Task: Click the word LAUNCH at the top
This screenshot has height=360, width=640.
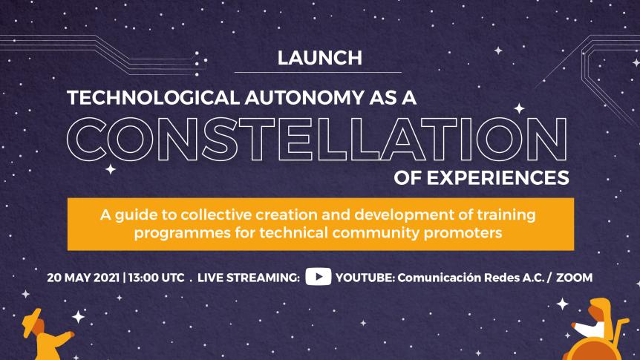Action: pyautogui.click(x=319, y=58)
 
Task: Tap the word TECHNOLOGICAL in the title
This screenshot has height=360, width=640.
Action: pyautogui.click(x=153, y=98)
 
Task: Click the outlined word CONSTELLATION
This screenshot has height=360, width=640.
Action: pyautogui.click(x=317, y=139)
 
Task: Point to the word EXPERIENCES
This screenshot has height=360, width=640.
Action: pyautogui.click(x=498, y=178)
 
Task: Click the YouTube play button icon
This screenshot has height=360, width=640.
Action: pyautogui.click(x=319, y=277)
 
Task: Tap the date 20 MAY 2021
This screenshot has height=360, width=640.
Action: pyautogui.click(x=83, y=278)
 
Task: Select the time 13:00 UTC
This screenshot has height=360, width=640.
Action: pyautogui.click(x=156, y=278)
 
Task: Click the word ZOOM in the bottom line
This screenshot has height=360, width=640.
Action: pyautogui.click(x=574, y=278)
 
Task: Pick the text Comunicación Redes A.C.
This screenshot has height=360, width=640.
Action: pyautogui.click(x=471, y=278)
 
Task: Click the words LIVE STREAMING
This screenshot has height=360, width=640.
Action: pyautogui.click(x=249, y=278)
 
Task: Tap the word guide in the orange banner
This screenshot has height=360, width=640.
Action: pyautogui.click(x=132, y=215)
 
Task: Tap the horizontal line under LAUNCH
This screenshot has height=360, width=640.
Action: pyautogui.click(x=318, y=72)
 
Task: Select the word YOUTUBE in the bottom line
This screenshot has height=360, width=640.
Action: pyautogui.click(x=365, y=278)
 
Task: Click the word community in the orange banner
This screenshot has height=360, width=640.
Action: pyautogui.click(x=376, y=234)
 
